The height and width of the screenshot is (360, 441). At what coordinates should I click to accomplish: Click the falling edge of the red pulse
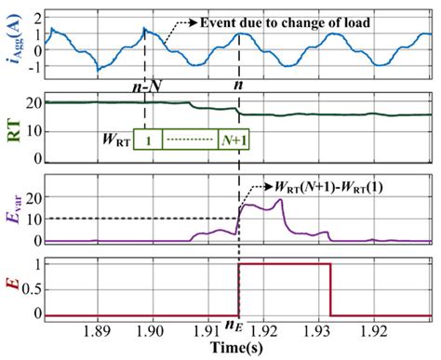click(332, 290)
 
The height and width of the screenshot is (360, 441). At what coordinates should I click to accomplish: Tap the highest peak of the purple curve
click(278, 201)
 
